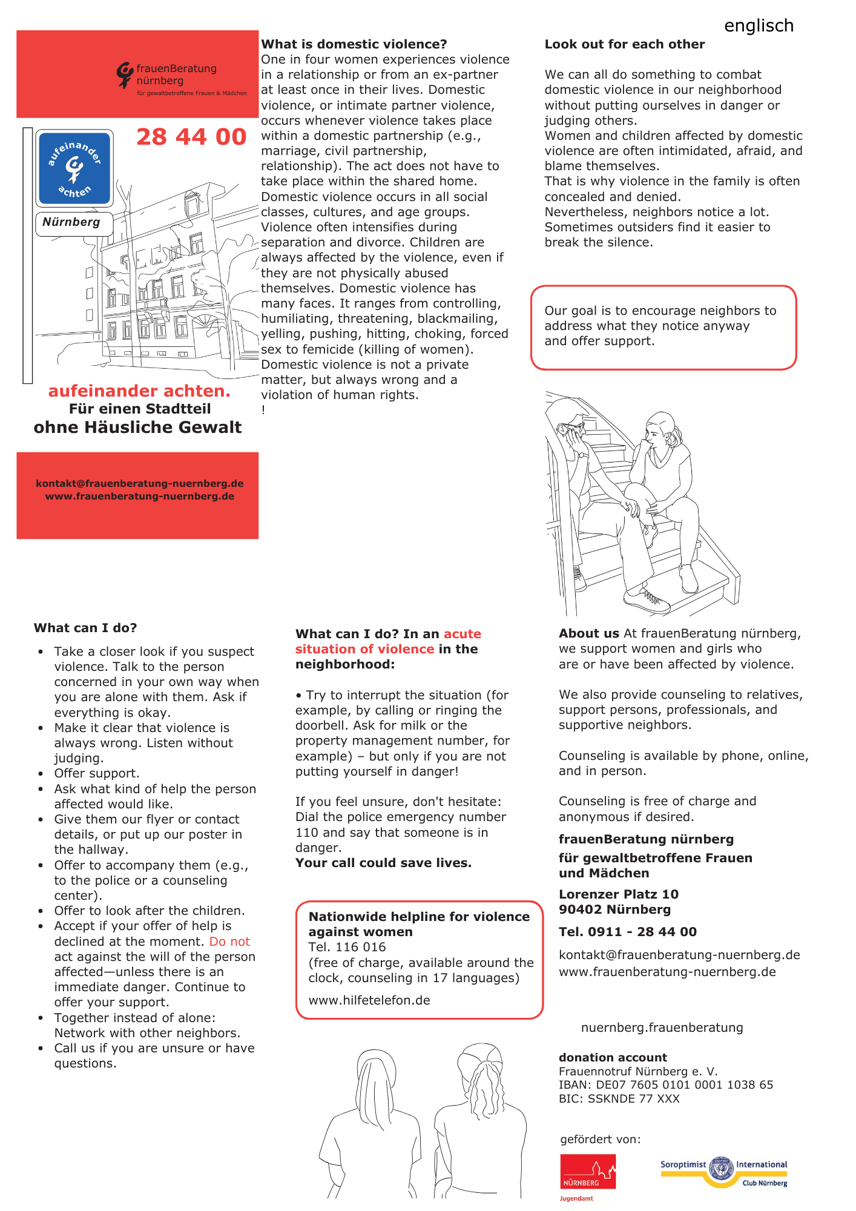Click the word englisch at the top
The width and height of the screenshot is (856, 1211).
(x=759, y=25)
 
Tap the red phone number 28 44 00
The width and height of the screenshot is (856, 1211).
(x=191, y=137)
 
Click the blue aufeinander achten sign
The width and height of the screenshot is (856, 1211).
(x=74, y=168)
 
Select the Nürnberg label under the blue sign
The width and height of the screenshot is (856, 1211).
(x=71, y=222)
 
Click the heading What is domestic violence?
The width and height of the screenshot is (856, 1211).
(x=354, y=44)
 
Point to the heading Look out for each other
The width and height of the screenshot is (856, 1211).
(x=625, y=44)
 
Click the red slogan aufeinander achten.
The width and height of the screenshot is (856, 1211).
(x=139, y=391)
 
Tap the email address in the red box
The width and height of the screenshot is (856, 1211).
(x=140, y=483)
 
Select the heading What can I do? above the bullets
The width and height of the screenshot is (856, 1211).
(x=85, y=628)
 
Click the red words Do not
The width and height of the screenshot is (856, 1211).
(x=229, y=942)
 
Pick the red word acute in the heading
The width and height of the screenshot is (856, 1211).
(x=463, y=634)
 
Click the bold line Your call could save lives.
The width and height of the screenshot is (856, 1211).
(x=383, y=863)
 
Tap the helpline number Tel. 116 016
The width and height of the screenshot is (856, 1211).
(x=347, y=947)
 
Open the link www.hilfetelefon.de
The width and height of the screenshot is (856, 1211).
(x=369, y=1000)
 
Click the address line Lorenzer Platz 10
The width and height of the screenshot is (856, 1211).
(x=619, y=894)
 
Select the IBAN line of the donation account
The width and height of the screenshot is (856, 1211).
(x=666, y=1084)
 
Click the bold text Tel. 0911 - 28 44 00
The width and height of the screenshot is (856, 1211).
(x=628, y=932)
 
